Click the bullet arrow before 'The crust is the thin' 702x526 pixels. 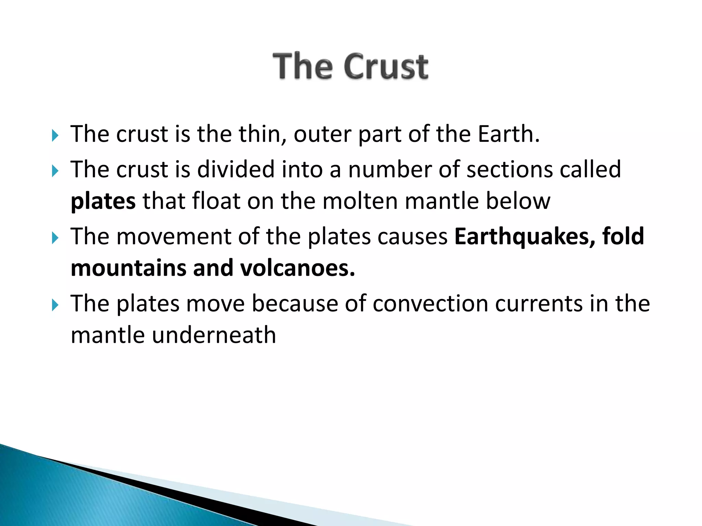coord(55,136)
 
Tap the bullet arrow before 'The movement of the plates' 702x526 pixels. coord(55,238)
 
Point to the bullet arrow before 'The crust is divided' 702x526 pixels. coord(55,171)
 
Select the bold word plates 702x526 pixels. coord(103,201)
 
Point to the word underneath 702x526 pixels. coord(214,335)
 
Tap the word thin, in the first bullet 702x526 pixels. coord(263,134)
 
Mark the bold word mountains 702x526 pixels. coord(128,268)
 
